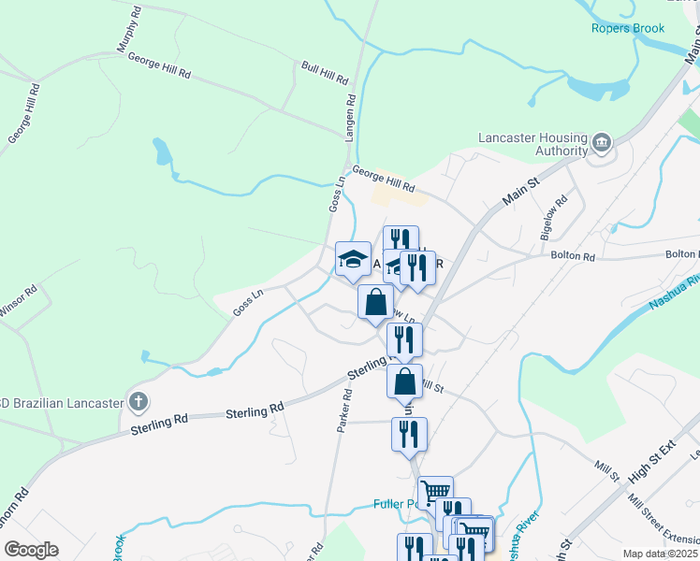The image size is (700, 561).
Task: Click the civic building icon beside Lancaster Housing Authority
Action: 601,143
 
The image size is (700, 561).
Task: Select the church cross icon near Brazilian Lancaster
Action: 139,403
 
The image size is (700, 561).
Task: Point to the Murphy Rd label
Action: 126,30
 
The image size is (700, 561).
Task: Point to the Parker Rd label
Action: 344,410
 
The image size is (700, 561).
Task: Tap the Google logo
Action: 31,550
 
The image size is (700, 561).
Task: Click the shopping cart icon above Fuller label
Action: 435,492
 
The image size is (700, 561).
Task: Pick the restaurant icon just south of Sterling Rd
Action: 409,434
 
